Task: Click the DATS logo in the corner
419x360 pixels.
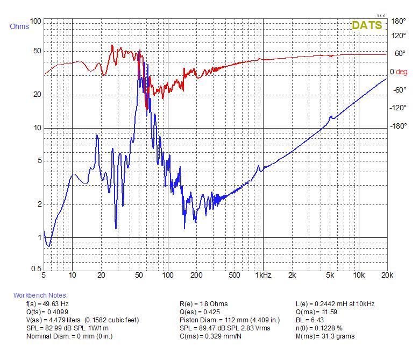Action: (367, 25)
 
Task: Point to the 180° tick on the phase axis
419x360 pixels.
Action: (398, 22)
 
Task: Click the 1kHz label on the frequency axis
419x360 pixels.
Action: (263, 276)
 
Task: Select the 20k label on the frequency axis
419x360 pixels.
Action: (386, 276)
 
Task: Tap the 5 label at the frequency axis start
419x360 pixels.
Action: (44, 276)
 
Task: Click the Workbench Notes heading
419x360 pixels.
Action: (40, 295)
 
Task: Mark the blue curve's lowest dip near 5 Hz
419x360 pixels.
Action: (48, 246)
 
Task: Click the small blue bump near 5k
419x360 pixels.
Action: (332, 117)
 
